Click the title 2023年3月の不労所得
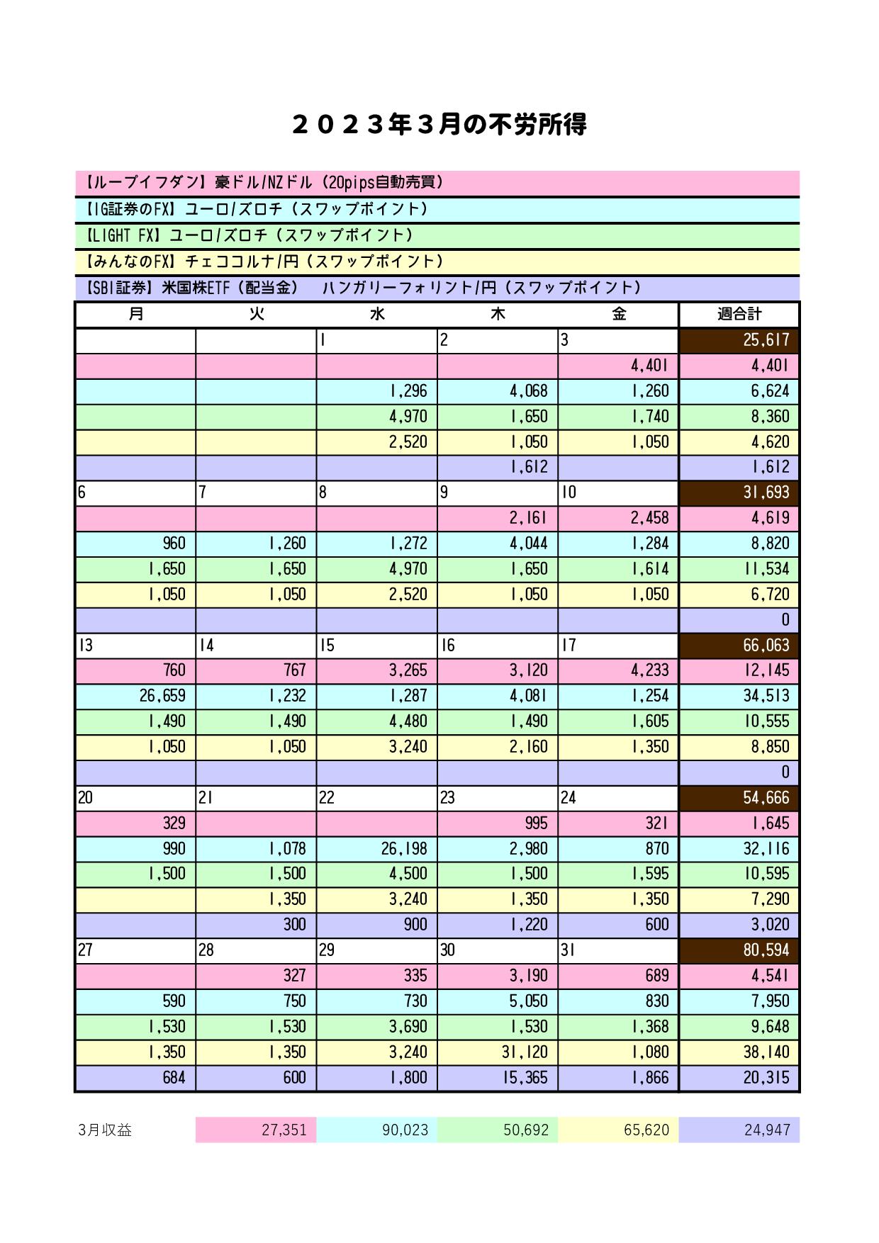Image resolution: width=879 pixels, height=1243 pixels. pyautogui.click(x=439, y=125)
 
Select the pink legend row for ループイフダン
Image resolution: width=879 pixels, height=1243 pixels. pyautogui.click(x=437, y=183)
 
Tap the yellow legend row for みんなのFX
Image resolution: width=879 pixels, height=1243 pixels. pyautogui.click(x=437, y=261)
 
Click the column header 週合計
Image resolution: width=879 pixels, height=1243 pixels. pyautogui.click(x=739, y=315)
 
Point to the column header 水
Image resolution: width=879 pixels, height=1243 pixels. pyautogui.click(x=376, y=315)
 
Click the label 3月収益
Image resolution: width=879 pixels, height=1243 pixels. pyautogui.click(x=106, y=1130)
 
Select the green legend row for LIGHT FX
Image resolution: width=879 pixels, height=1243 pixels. pyautogui.click(x=437, y=235)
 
